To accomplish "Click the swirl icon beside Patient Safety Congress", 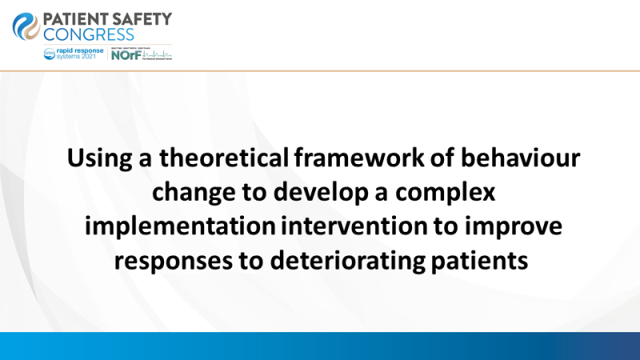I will click(26, 25).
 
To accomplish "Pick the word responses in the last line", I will click(178, 259).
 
